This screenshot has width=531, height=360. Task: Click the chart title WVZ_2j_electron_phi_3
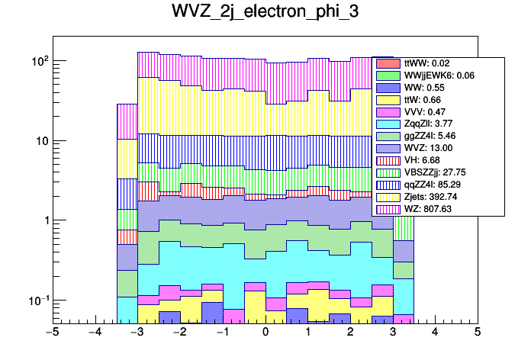[265, 14]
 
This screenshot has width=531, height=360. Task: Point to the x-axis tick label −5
[53, 332]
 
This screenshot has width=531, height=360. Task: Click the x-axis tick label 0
[265, 332]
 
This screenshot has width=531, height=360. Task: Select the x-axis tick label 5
[478, 332]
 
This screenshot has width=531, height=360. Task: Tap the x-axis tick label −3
[137, 332]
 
